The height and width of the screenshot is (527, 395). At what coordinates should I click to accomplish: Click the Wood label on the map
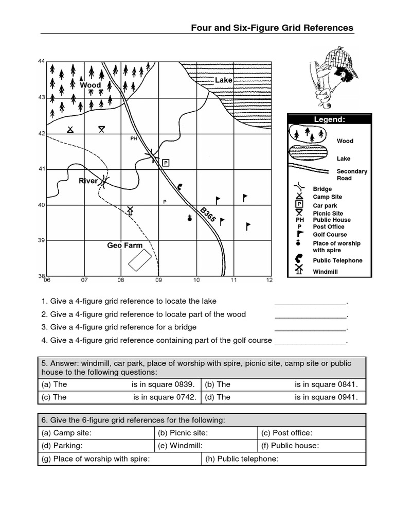pos(90,85)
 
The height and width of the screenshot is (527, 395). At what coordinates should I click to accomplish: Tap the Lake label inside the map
pos(223,80)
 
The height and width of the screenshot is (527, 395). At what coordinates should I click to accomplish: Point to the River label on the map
pos(88,181)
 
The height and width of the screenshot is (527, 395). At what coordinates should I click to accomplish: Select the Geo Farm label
pos(124,245)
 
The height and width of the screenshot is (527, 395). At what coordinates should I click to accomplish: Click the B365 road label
pos(208,215)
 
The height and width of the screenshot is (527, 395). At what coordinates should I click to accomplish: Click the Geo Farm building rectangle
pos(140,260)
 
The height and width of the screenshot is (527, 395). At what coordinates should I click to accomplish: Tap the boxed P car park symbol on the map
pos(166,163)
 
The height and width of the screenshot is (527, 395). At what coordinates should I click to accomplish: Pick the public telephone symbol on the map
pos(179,187)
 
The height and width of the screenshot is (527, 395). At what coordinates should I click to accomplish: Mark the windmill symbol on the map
pos(130,211)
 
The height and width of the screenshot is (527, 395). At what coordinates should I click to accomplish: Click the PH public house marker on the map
pos(134,138)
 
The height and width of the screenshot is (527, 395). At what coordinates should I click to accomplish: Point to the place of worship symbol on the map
pos(190,218)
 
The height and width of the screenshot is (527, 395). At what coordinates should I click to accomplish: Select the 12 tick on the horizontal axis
pos(269,280)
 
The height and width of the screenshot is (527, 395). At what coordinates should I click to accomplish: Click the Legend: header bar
pos(329,119)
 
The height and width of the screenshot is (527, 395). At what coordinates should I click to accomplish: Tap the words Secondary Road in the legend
pos(352,174)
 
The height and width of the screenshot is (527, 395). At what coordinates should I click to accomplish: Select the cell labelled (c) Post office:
pos(312,433)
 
